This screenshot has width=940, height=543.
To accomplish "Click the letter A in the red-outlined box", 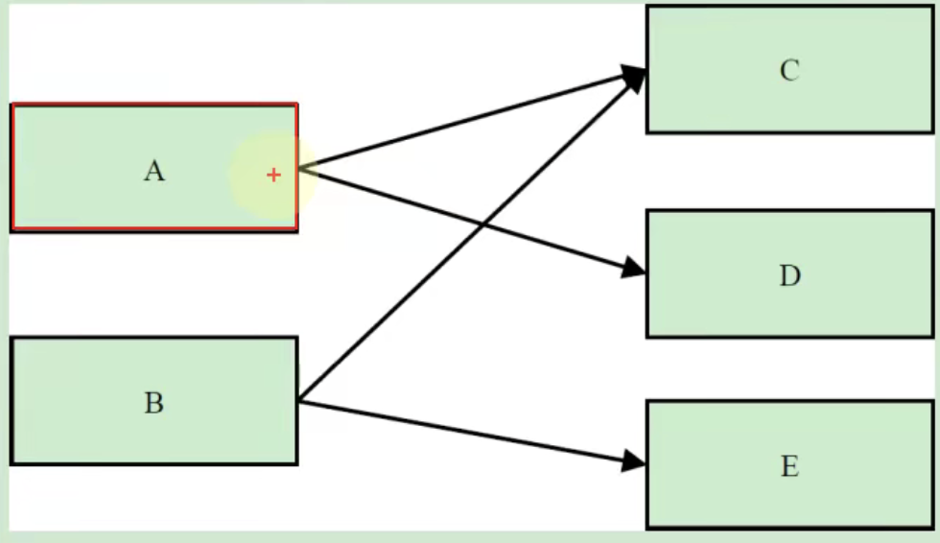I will tap(153, 172).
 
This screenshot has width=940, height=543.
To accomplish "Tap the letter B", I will tap(153, 403).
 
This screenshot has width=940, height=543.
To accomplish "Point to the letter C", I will tap(789, 71).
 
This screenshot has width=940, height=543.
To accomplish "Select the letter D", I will tap(789, 276).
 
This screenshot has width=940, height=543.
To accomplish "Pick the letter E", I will tap(789, 467).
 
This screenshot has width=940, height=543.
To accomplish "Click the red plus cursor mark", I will tap(274, 175).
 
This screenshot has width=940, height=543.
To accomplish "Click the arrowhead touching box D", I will tap(634, 269).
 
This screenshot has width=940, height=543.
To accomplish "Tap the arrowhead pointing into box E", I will tap(634, 461).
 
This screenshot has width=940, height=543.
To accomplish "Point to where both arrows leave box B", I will tap(299, 401).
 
